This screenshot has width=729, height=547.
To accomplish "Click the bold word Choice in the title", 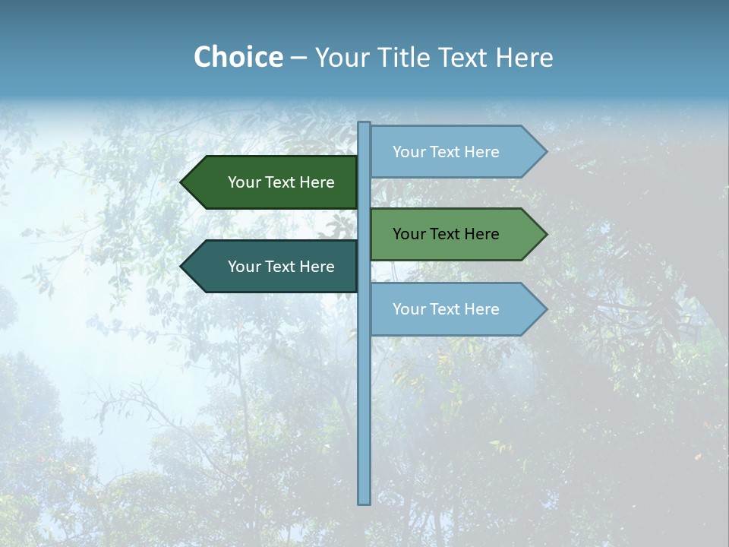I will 238,57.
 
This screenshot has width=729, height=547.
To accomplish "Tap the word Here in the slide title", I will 524,58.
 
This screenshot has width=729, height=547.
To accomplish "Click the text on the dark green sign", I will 281,182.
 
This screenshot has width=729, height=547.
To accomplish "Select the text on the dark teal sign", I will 281,267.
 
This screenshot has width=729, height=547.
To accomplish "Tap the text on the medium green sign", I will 446,234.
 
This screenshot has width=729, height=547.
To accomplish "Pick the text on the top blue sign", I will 446,152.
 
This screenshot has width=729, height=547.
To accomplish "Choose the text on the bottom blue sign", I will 446,309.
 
